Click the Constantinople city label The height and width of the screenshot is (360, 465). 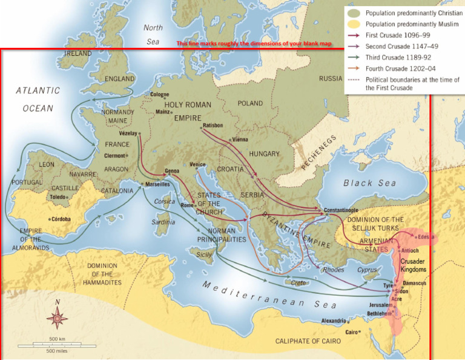coord(343,210)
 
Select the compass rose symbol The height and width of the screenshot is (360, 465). coord(58,316)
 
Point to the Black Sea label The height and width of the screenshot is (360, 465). coord(369,183)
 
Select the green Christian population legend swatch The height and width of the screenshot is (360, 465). coord(354,13)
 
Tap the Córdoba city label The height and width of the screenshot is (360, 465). coord(61,219)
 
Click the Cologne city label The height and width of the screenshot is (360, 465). coord(160,95)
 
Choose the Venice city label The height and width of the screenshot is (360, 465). coord(197,164)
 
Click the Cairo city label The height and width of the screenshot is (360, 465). coord(352,332)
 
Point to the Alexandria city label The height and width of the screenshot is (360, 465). coord(334,321)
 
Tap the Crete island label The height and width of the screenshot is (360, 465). coord(298,283)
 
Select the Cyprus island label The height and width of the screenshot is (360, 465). coord(367,270)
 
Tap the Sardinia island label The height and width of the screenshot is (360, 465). coord(163,222)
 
